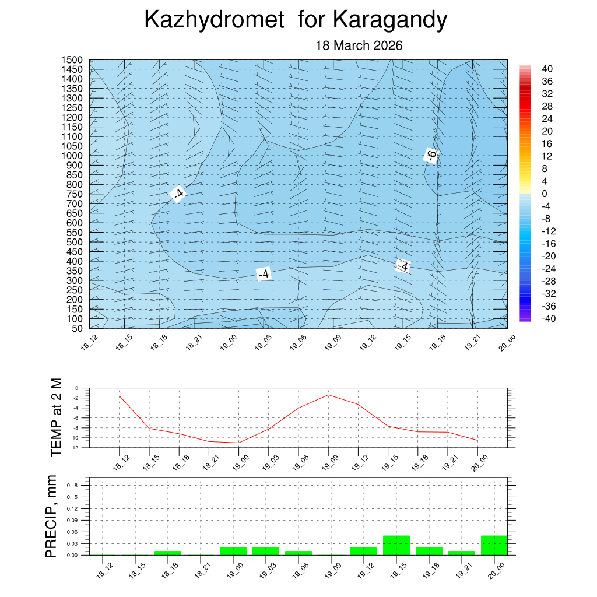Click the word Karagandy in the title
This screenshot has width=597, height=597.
390,20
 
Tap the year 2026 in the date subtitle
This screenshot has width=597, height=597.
385,45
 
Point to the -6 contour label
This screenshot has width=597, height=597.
431,155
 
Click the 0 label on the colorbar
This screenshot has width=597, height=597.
544,194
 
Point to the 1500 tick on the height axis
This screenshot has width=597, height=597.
72,60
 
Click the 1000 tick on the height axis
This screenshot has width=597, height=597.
72,156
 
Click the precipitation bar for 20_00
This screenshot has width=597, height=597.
494,545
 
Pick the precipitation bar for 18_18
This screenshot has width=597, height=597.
168,553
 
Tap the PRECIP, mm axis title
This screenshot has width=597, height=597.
52,516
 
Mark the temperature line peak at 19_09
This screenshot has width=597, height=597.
328,395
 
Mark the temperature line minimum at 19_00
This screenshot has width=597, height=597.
238,443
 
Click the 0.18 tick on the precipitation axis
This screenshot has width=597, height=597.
72,485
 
